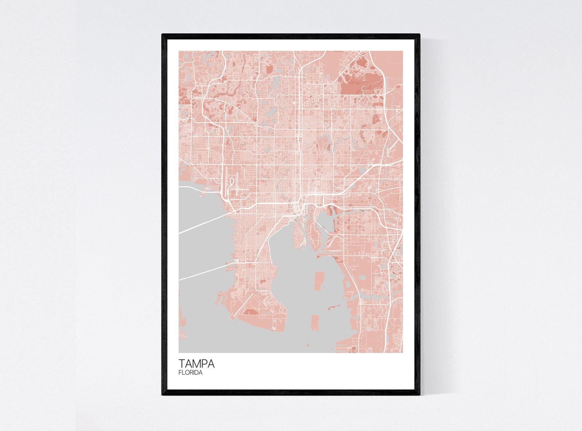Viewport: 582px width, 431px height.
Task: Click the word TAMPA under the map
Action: (196, 364)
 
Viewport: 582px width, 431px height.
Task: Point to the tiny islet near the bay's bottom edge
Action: (308, 344)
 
